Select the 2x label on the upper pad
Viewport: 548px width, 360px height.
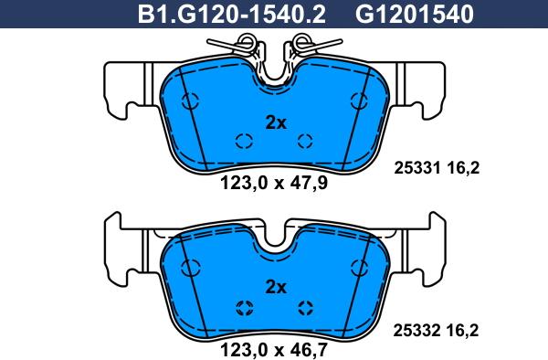(275, 122)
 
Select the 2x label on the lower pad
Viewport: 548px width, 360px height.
(275, 286)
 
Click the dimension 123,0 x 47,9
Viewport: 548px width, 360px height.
(275, 180)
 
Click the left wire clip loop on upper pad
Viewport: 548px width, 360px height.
(245, 42)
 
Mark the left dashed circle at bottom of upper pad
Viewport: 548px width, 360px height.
(243, 140)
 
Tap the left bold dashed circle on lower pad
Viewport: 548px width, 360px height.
(243, 306)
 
